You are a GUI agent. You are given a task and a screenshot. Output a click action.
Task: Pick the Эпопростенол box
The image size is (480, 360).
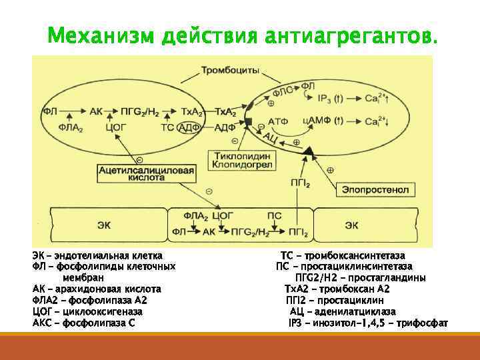click(x=375, y=189)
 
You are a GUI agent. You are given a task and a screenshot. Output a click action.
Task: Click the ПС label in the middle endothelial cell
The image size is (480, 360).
click(x=273, y=216)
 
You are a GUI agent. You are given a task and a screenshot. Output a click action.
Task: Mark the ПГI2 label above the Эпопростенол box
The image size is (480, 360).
click(x=299, y=181)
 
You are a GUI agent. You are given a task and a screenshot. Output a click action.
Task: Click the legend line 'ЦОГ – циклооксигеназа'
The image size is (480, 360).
click(x=87, y=311)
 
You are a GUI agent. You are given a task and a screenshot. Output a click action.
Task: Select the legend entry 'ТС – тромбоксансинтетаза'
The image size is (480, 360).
click(x=342, y=255)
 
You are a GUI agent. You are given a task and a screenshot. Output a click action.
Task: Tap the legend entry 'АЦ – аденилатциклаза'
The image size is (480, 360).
click(x=342, y=311)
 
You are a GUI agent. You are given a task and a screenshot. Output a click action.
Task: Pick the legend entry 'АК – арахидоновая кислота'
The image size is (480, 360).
click(x=97, y=289)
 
